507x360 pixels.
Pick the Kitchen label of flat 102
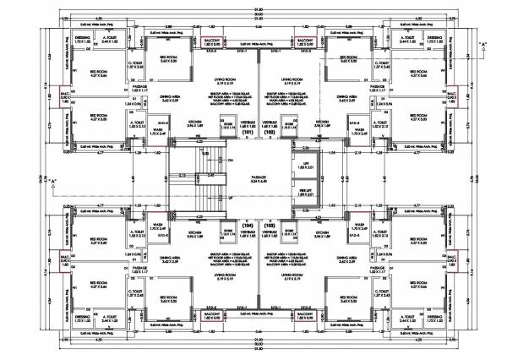pyautogui.click(x=322, y=123)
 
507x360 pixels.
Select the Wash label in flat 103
pyautogui.click(x=358, y=226)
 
